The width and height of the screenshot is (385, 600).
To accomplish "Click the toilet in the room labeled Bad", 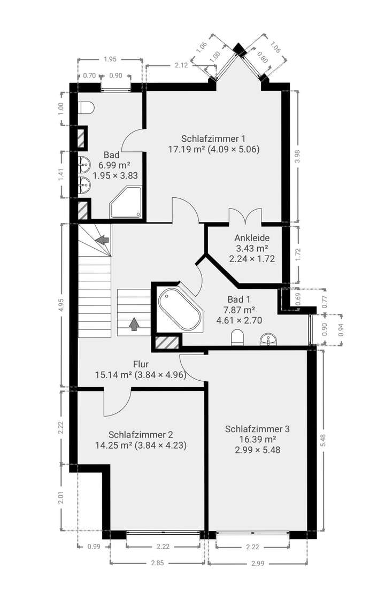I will (86, 108).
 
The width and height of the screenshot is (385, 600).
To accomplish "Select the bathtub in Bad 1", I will (180, 310).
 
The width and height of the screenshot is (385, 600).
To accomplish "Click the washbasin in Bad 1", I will (268, 338).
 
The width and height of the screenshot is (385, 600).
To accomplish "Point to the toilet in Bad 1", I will (237, 338).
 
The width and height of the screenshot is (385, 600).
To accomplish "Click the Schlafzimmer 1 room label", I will (213, 138).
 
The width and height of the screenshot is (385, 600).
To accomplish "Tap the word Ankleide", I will (251, 237).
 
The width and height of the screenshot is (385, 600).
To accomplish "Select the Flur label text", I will (140, 364).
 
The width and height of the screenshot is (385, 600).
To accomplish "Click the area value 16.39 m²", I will (257, 439).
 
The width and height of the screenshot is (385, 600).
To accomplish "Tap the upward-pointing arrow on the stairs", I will (133, 324).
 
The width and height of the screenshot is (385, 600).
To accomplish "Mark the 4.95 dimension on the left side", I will (63, 304).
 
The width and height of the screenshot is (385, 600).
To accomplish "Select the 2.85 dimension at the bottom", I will (157, 563).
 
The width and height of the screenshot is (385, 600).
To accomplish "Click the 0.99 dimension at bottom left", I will (94, 547).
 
